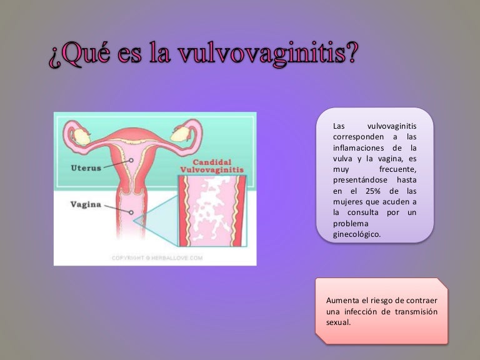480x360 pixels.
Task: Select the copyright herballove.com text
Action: pyautogui.click(x=157, y=257)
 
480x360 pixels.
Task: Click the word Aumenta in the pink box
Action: pyautogui.click(x=343, y=300)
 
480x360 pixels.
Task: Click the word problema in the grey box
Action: pyautogui.click(x=351, y=224)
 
